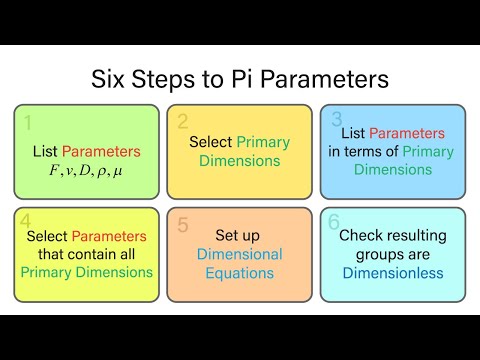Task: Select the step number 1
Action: (x=28, y=122)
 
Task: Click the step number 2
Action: (x=183, y=122)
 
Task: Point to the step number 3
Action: (x=338, y=120)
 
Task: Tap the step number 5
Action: (x=183, y=223)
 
